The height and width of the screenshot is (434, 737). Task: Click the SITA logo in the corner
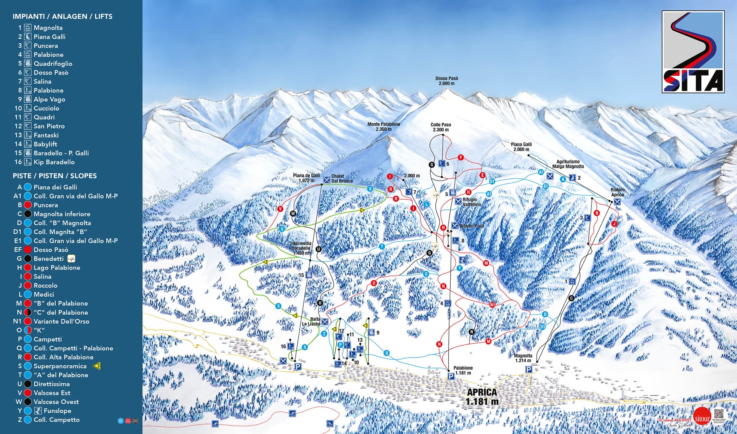[x=693, y=52]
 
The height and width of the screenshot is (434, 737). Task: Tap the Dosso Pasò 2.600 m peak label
[x=446, y=81]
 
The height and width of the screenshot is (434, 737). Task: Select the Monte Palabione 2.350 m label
[x=383, y=127]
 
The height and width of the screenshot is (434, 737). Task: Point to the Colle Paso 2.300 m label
[x=441, y=127]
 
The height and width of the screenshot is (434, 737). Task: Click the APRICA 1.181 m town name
[x=482, y=397]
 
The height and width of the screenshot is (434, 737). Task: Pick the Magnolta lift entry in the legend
[x=48, y=28]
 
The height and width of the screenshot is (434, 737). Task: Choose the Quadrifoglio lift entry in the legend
[x=53, y=64]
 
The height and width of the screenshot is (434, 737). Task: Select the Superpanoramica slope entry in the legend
[x=60, y=366]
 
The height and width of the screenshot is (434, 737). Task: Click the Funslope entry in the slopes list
[x=57, y=411]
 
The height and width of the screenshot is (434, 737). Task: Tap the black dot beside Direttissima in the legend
[x=28, y=384]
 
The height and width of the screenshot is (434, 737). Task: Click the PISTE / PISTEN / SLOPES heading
[x=55, y=176]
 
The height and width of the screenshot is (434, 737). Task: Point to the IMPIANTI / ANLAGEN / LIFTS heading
[x=63, y=17]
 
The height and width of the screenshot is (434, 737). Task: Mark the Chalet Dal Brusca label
[x=342, y=178]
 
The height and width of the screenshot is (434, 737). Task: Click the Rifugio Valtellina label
[x=471, y=202]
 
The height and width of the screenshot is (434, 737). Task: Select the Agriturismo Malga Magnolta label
[x=568, y=164]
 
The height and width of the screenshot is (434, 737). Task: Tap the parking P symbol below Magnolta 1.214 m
[x=529, y=370]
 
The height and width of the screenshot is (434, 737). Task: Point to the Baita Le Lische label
[x=311, y=322]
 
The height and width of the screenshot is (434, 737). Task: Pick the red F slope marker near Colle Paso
[x=461, y=157]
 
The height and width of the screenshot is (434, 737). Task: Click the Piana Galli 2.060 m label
[x=521, y=147]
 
